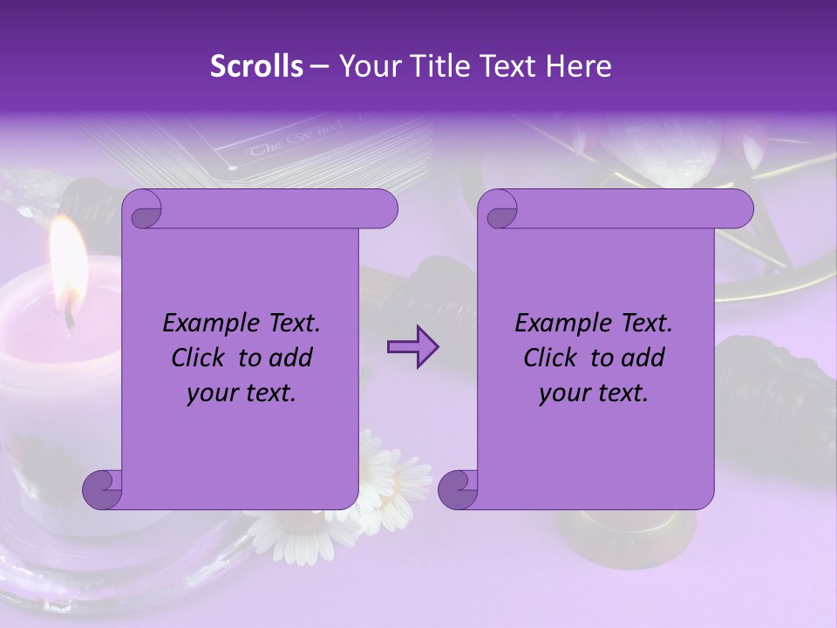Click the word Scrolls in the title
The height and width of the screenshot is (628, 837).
256,66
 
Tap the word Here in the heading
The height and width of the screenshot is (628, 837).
578,66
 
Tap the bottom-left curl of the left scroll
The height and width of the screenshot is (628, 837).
101,490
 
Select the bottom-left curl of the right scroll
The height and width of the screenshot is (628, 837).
457,490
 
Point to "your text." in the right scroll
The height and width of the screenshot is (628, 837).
594,392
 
